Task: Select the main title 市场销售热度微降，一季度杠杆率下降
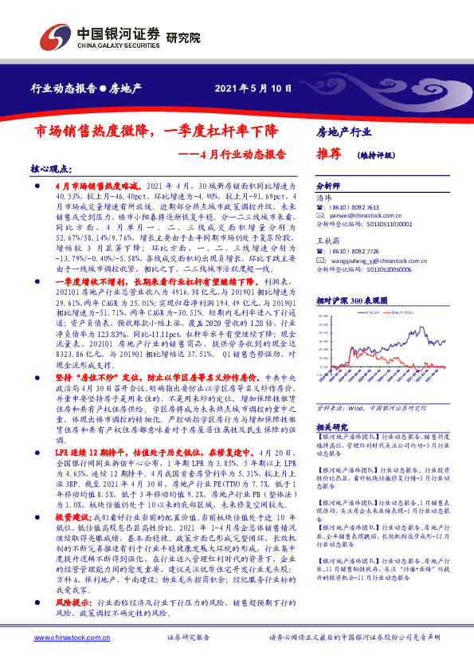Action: (157, 128)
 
